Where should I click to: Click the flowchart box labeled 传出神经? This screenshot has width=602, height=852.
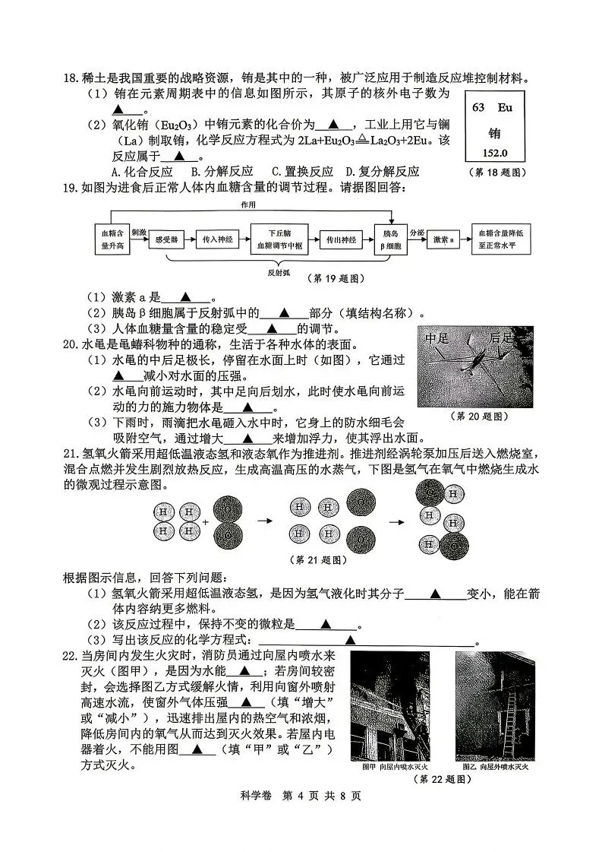tap(342, 239)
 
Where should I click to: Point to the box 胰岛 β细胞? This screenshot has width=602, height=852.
tap(391, 239)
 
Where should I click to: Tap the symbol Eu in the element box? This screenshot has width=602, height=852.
tap(505, 107)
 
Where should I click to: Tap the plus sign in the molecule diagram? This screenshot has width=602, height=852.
tap(206, 522)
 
